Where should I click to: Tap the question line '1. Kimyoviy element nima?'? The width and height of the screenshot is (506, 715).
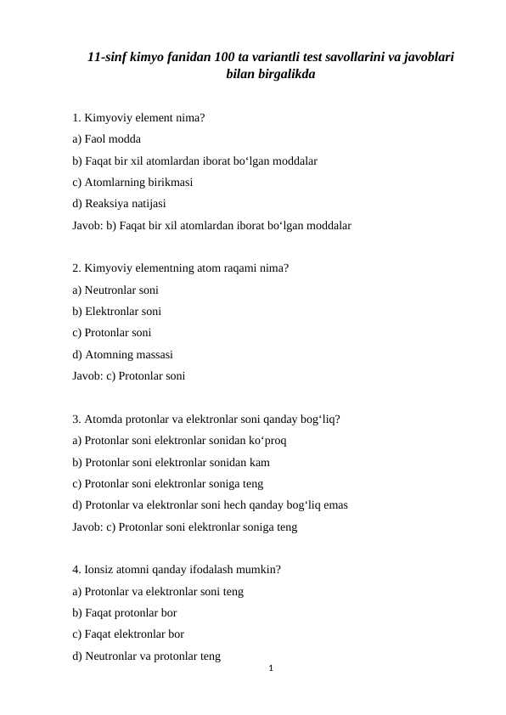point(138,117)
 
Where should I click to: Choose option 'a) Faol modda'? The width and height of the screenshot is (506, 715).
point(107,139)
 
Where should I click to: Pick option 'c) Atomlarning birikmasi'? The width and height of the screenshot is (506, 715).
point(132,182)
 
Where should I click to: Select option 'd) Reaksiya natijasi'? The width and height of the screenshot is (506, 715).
point(120,204)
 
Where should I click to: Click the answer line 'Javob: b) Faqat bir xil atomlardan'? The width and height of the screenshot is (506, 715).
point(211,226)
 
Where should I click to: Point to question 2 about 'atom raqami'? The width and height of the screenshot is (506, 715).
point(181,268)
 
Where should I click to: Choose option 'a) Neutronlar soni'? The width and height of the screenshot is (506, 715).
point(115,290)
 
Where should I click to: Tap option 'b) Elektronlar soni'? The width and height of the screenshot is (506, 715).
point(117,312)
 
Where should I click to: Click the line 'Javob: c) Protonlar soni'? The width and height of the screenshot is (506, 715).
point(129,375)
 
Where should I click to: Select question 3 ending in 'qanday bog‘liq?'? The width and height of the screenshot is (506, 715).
point(207,419)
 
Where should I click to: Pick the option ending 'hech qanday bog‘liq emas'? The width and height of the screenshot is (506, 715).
point(210,505)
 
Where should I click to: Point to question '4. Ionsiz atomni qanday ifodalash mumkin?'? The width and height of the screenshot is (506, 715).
point(177,570)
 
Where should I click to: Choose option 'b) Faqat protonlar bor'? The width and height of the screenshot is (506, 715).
point(125,612)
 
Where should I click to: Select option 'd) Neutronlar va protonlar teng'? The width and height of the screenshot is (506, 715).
point(147,656)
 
